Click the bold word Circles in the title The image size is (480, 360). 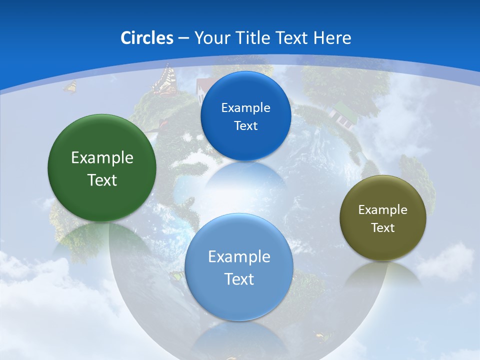[x=146, y=38]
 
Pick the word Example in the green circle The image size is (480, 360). [x=102, y=158]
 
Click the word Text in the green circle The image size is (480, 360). [x=102, y=180]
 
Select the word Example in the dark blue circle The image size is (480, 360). [x=245, y=108]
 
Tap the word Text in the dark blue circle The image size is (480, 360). [x=245, y=126]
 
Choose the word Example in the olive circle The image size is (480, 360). [x=382, y=210]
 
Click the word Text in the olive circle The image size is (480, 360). [x=382, y=228]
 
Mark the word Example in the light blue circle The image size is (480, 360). [x=239, y=257]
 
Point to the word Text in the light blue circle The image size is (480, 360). [x=239, y=279]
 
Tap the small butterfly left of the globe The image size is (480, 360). [x=70, y=87]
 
